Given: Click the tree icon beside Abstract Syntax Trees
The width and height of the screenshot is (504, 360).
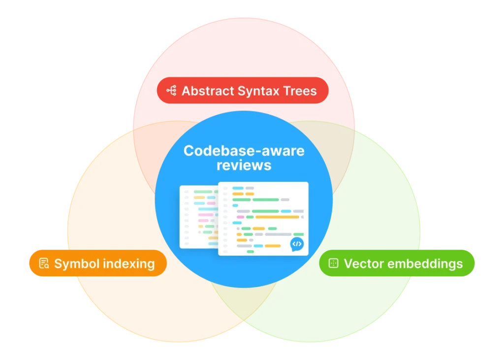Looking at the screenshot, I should (171, 91).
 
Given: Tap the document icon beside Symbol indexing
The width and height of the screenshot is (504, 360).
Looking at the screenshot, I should (44, 263).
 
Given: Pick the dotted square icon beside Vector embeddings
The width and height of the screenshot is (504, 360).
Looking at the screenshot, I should (333, 263).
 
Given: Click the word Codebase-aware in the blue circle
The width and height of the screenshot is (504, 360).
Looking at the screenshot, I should (244, 151).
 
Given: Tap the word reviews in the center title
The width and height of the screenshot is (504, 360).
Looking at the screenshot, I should (244, 165).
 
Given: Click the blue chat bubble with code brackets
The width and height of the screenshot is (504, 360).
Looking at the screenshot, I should (297, 244).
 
